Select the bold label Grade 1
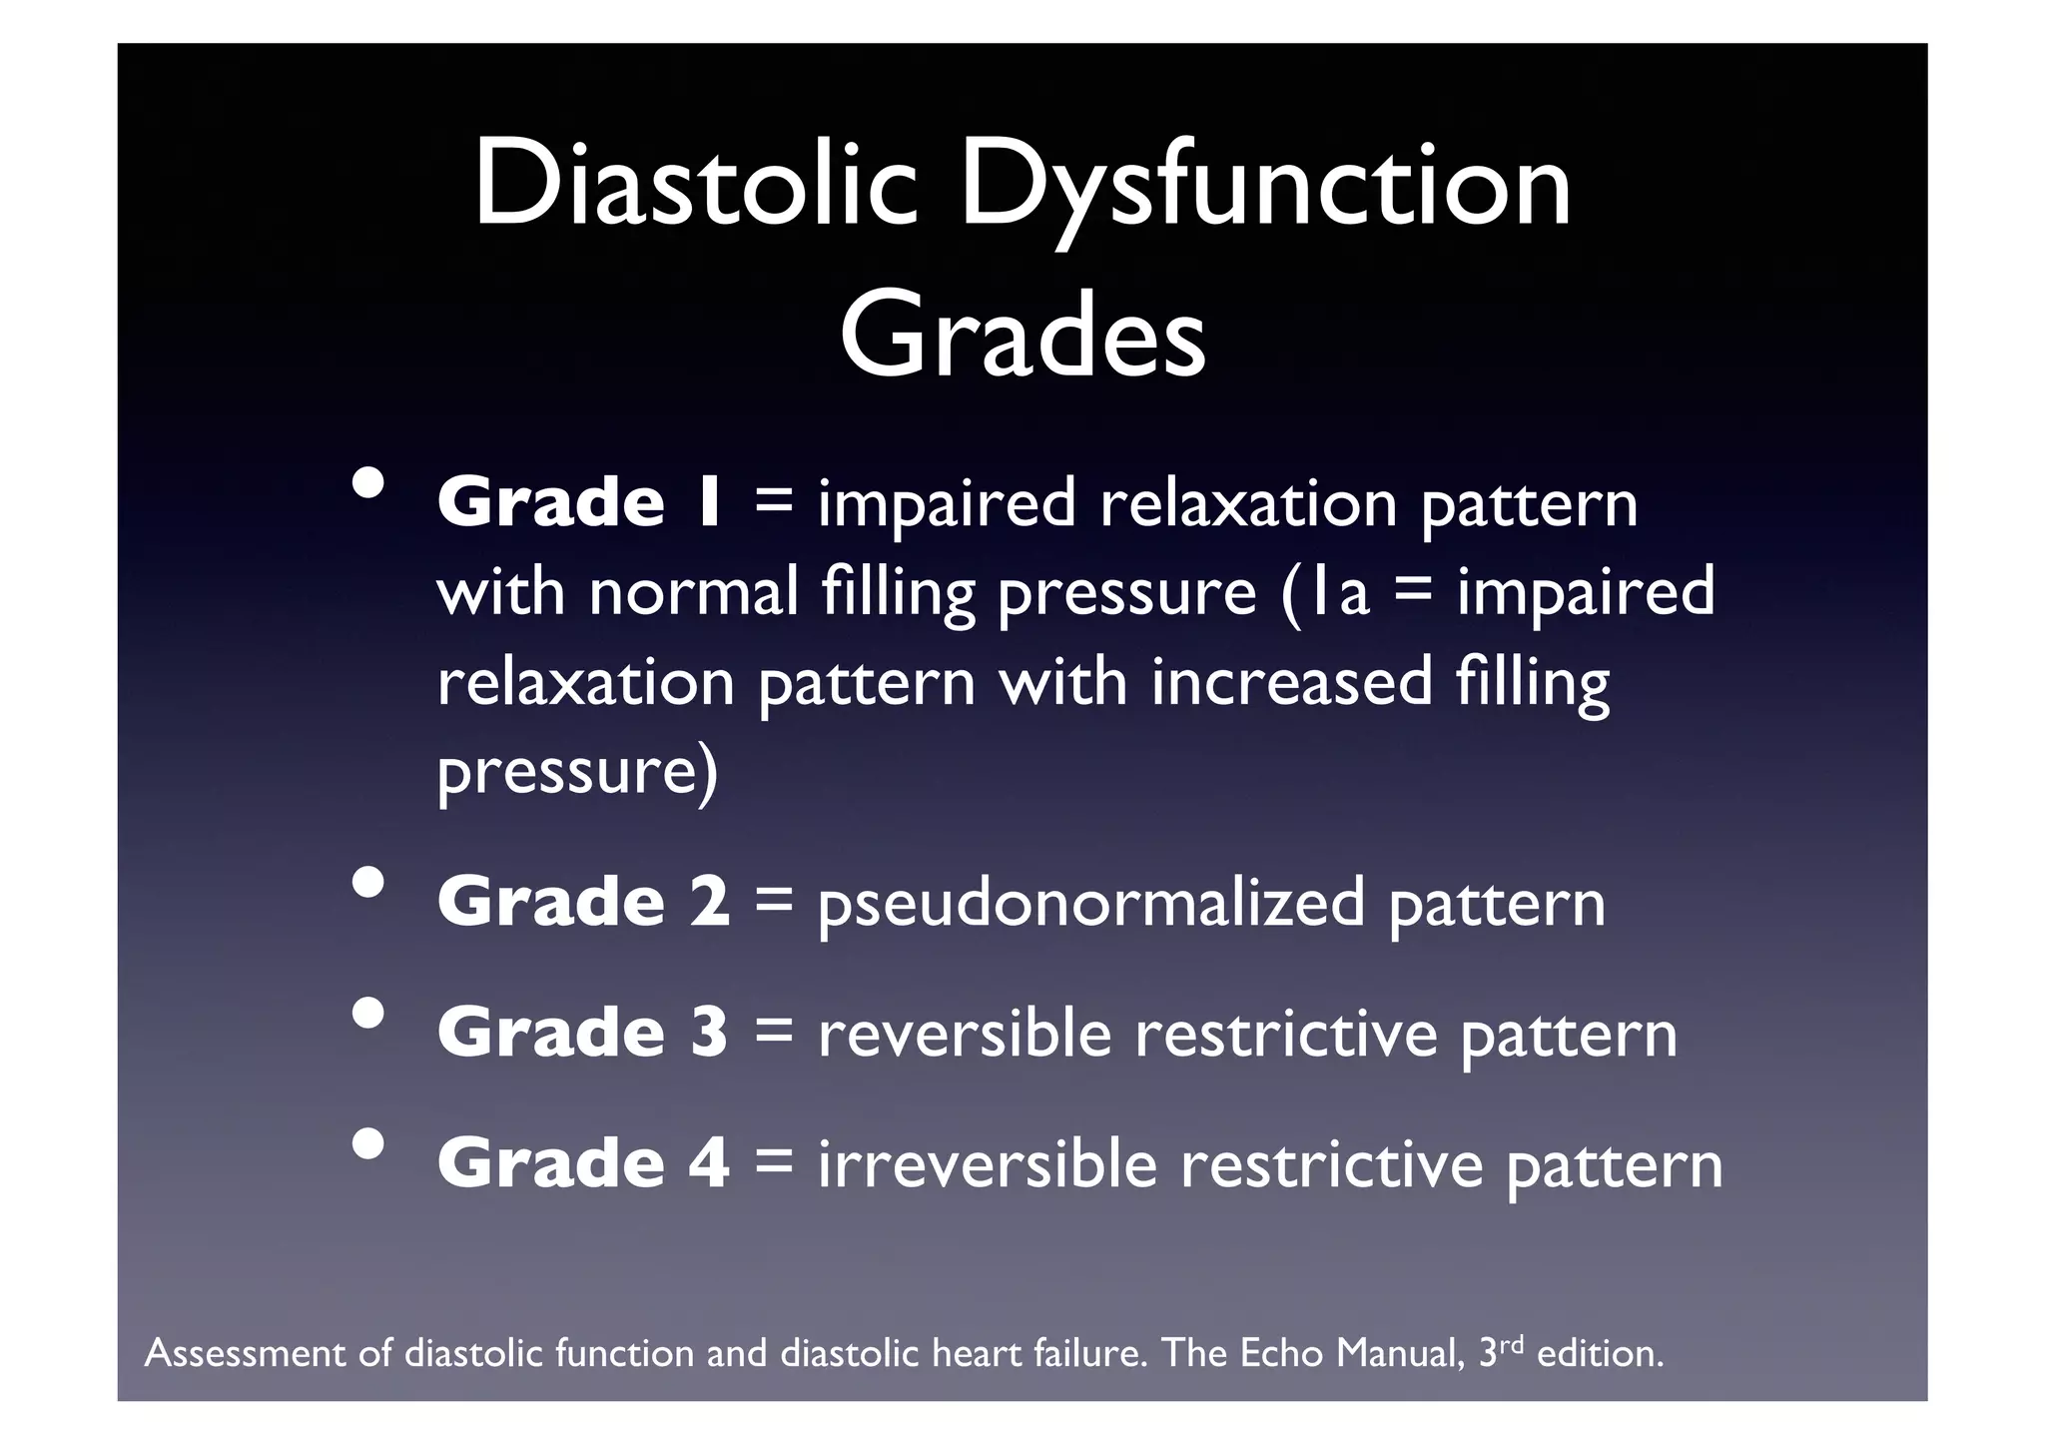(x=579, y=502)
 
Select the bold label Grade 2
(x=583, y=902)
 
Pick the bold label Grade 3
(x=583, y=1033)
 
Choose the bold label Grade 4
(x=583, y=1163)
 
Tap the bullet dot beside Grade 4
(x=368, y=1144)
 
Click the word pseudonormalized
(x=1090, y=905)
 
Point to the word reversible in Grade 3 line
(x=965, y=1033)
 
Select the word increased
(x=1292, y=682)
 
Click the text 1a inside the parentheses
(x=1340, y=592)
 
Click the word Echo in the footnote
(x=1284, y=1354)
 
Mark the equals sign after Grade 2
(x=774, y=902)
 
